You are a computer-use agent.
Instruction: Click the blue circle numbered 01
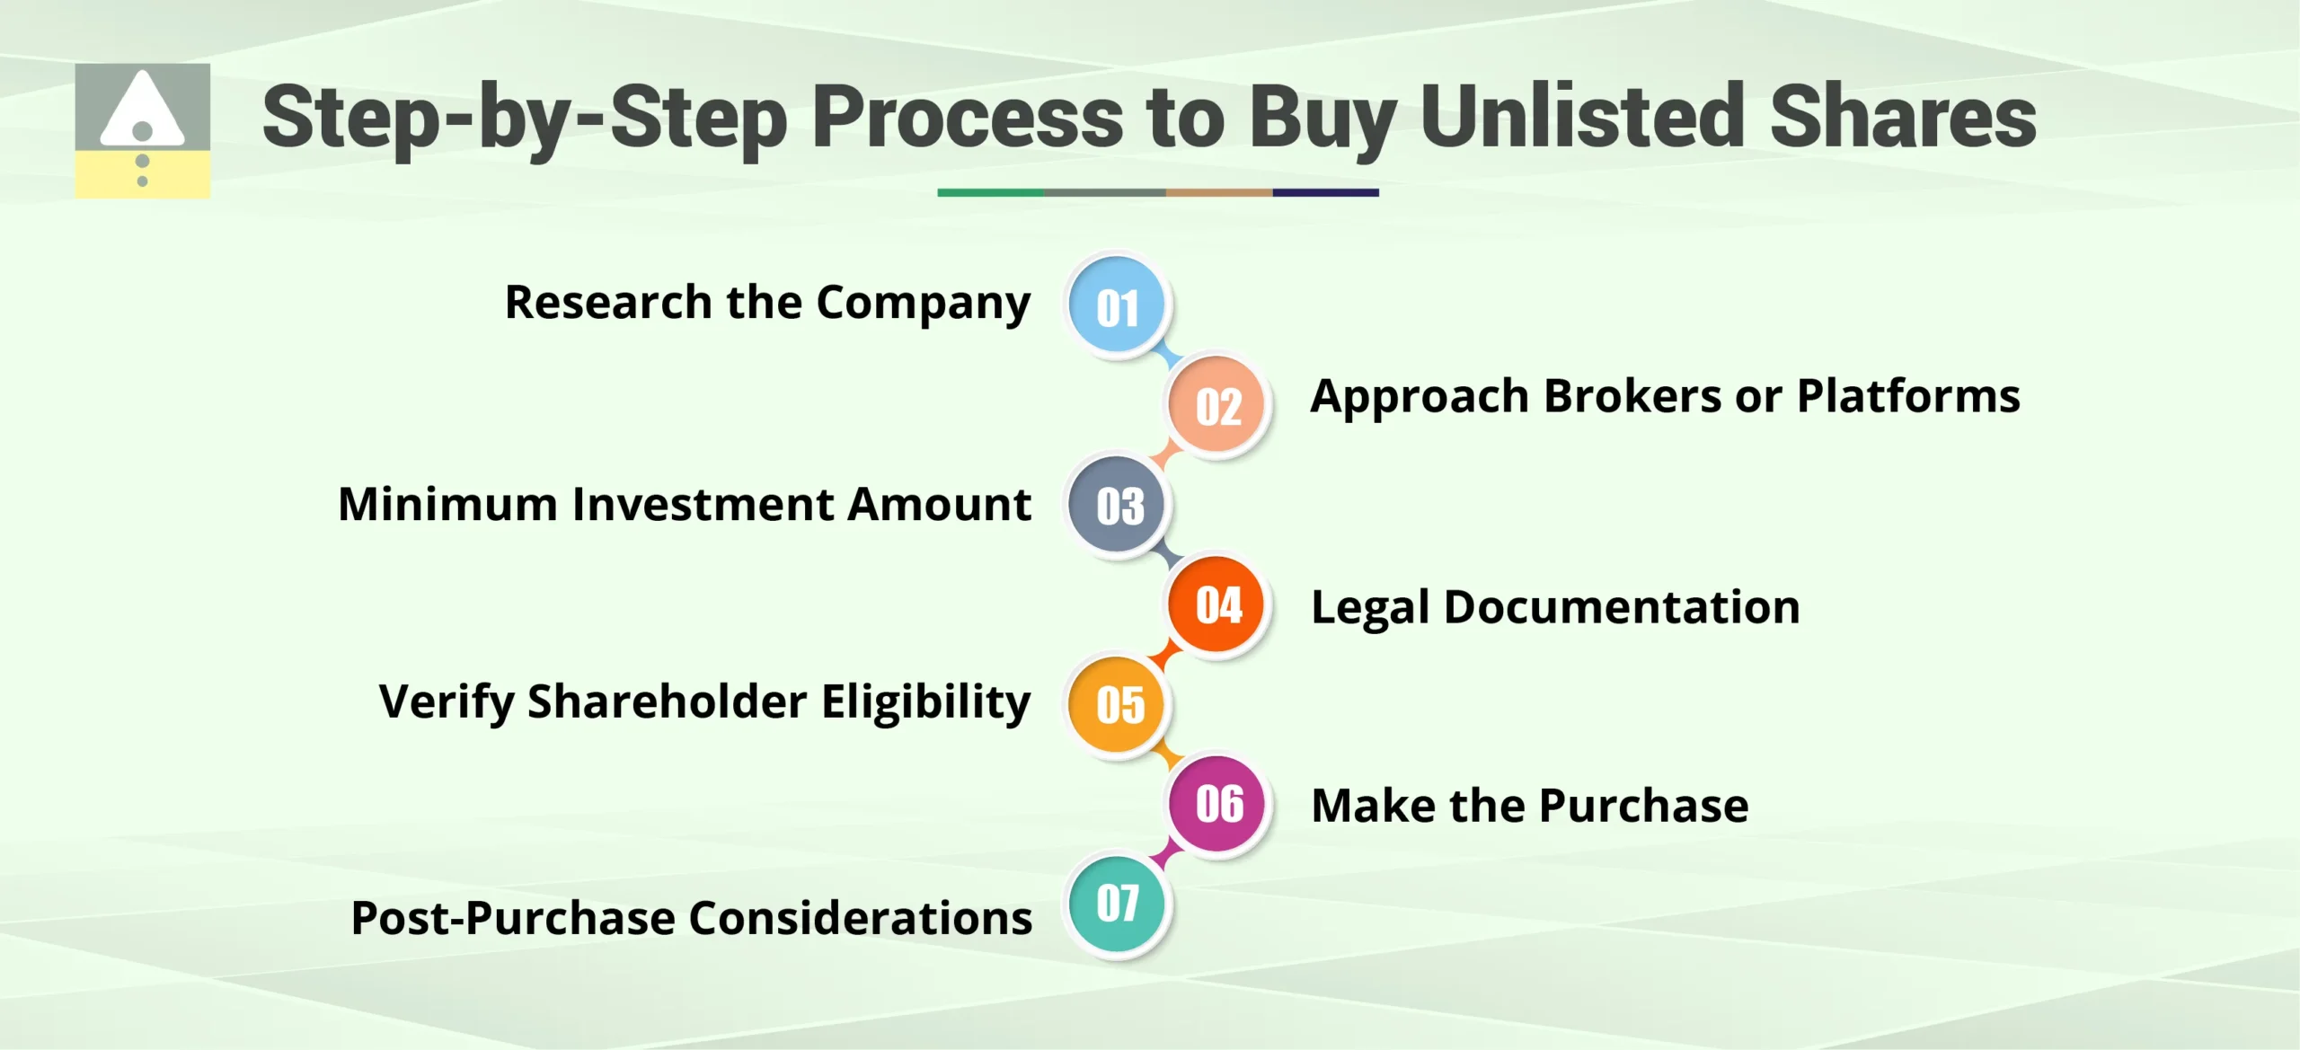tap(1117, 305)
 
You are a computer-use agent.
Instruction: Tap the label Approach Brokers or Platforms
tap(1665, 397)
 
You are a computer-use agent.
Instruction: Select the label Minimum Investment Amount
tap(685, 504)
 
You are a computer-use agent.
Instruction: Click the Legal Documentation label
tap(1555, 608)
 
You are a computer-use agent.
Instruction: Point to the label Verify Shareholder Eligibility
tap(704, 702)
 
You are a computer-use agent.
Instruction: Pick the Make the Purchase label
tap(1529, 806)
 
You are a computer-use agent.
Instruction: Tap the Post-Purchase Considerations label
tap(691, 918)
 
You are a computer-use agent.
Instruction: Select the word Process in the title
tap(967, 117)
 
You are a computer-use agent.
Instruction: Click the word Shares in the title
tap(1902, 117)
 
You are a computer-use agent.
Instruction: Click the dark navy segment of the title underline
tap(1325, 192)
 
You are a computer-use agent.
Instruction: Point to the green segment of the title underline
tap(990, 192)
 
